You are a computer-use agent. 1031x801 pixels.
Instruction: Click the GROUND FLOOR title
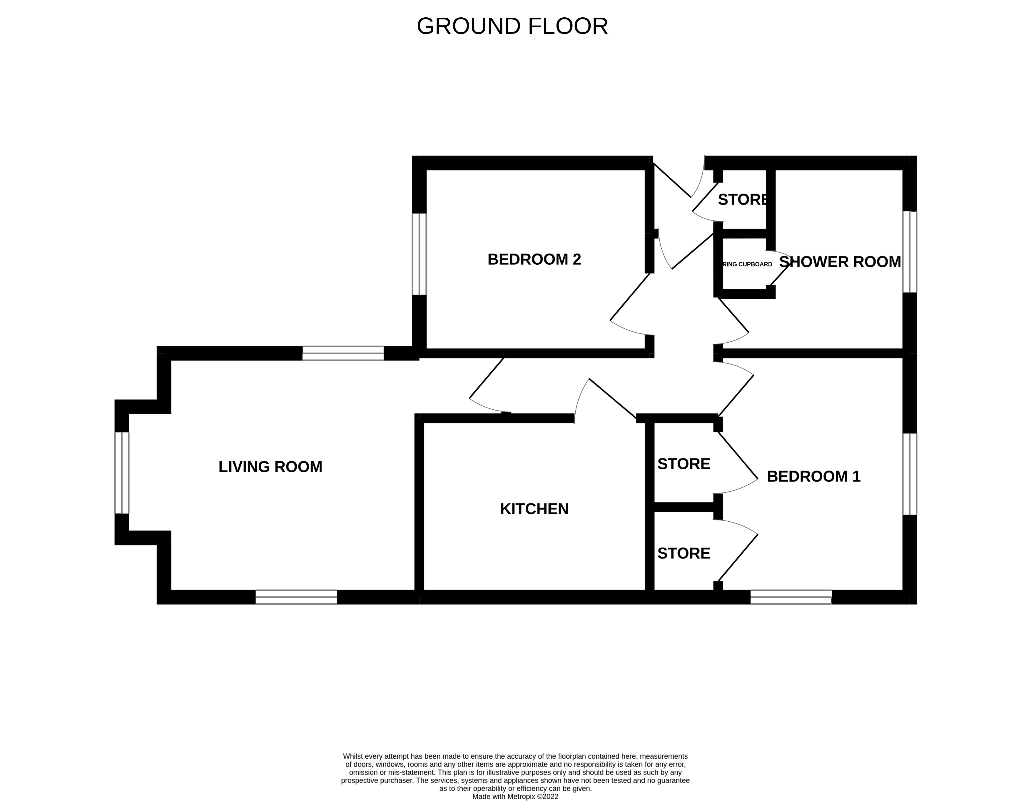tap(512, 26)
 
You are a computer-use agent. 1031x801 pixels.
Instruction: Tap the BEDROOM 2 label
tap(534, 259)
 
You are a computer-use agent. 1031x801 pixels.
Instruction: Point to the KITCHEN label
tap(534, 509)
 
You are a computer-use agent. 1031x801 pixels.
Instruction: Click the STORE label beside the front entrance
tap(742, 200)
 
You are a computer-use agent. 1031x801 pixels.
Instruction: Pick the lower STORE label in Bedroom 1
tap(684, 553)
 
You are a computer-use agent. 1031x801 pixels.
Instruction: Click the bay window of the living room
tap(122, 472)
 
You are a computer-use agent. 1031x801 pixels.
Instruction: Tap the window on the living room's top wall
tap(343, 353)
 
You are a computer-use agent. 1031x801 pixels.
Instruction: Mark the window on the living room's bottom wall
tap(296, 597)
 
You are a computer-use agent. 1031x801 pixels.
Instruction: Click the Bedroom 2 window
tap(419, 254)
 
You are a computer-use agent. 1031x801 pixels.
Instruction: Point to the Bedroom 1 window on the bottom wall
tap(791, 597)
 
